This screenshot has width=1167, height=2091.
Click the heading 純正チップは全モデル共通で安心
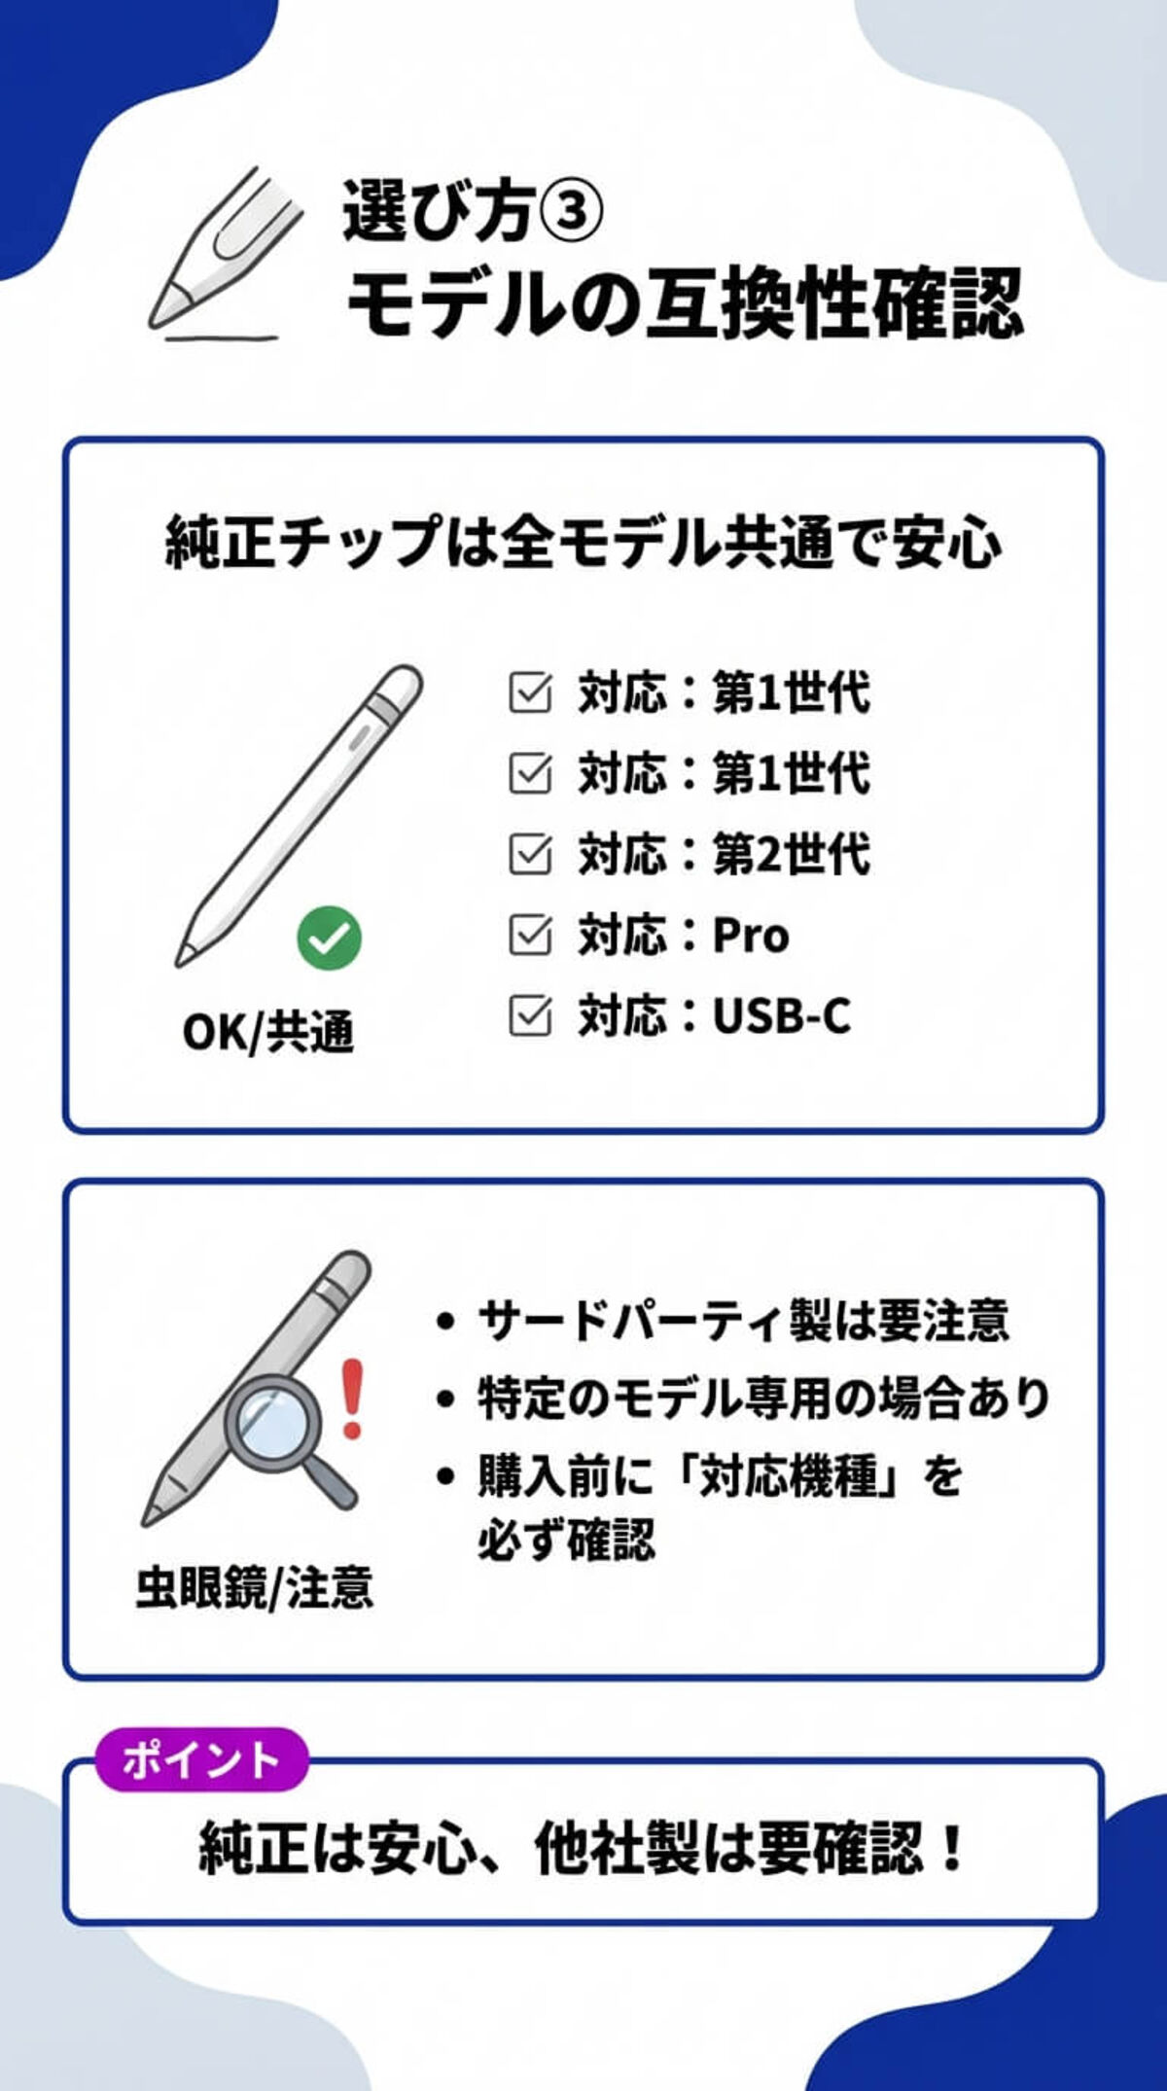(x=583, y=542)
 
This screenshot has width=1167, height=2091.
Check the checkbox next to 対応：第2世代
(x=530, y=854)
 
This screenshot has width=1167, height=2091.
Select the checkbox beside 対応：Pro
(x=530, y=935)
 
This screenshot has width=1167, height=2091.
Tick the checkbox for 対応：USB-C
(x=530, y=1015)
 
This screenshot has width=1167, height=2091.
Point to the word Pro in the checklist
(x=750, y=935)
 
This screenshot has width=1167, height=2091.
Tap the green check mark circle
(x=329, y=938)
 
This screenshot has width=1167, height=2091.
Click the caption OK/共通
(x=268, y=1032)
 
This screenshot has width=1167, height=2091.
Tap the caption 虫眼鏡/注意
(x=255, y=1587)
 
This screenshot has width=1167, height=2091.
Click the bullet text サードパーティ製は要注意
(x=743, y=1320)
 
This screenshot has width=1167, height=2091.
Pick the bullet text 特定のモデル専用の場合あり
(x=762, y=1399)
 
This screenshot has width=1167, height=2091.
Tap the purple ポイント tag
(x=201, y=1759)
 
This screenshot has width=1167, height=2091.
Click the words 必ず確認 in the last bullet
(x=566, y=1539)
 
